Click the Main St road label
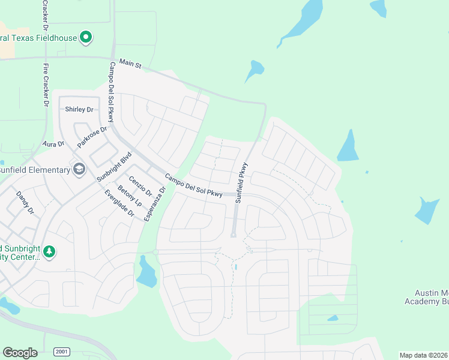coord(130,63)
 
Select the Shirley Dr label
coord(79,109)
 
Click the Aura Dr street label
coord(53,144)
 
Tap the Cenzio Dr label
coord(140,187)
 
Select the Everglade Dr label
coord(118,204)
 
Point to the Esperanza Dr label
coord(157,203)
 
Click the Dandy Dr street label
coord(25,203)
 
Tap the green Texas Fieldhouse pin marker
coord(86,37)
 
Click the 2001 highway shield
coord(61,352)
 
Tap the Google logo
coord(20,352)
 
